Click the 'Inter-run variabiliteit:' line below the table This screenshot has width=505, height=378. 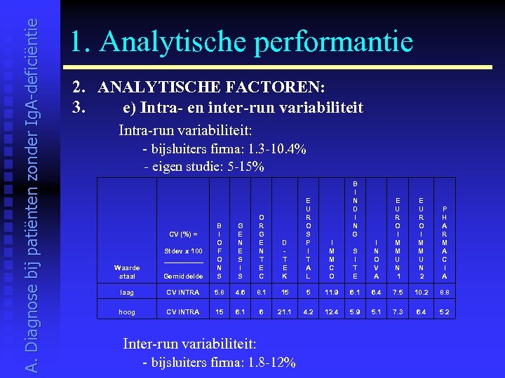click(x=189, y=344)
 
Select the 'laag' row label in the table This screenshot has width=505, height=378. click(x=127, y=293)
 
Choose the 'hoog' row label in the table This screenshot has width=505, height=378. click(x=127, y=311)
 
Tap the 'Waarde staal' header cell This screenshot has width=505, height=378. click(x=127, y=271)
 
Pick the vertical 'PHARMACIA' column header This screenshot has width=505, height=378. click(x=444, y=241)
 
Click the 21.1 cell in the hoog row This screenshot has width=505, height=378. click(x=285, y=311)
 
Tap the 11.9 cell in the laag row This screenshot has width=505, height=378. click(x=332, y=293)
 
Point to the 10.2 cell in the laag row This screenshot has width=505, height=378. click(x=422, y=293)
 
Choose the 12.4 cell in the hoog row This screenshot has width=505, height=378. click(x=332, y=311)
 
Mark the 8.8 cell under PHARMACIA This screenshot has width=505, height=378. click(x=444, y=293)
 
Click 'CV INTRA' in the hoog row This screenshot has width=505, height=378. click(x=182, y=311)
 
